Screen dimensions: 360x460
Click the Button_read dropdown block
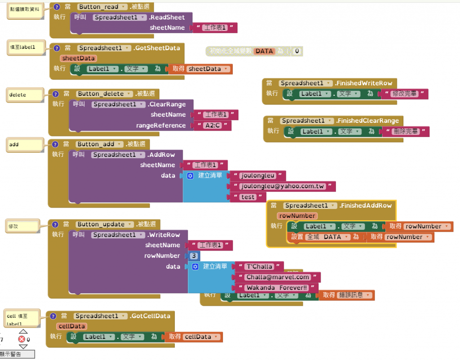coord(101,7)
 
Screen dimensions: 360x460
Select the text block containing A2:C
coord(212,125)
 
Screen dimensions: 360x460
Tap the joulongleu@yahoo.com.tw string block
coord(282,186)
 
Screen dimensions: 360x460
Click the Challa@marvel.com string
coord(278,277)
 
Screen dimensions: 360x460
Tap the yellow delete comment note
coord(25,95)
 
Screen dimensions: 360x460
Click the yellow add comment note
coord(25,145)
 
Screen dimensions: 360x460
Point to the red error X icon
coord(22,339)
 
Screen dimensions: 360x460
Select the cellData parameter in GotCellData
coord(72,326)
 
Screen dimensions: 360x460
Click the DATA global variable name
coord(264,51)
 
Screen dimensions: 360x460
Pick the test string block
coord(248,197)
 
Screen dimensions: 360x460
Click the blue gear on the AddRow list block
coord(190,175)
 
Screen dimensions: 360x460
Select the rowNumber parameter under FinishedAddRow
coord(296,216)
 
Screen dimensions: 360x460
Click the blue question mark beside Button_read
coord(57,7)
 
